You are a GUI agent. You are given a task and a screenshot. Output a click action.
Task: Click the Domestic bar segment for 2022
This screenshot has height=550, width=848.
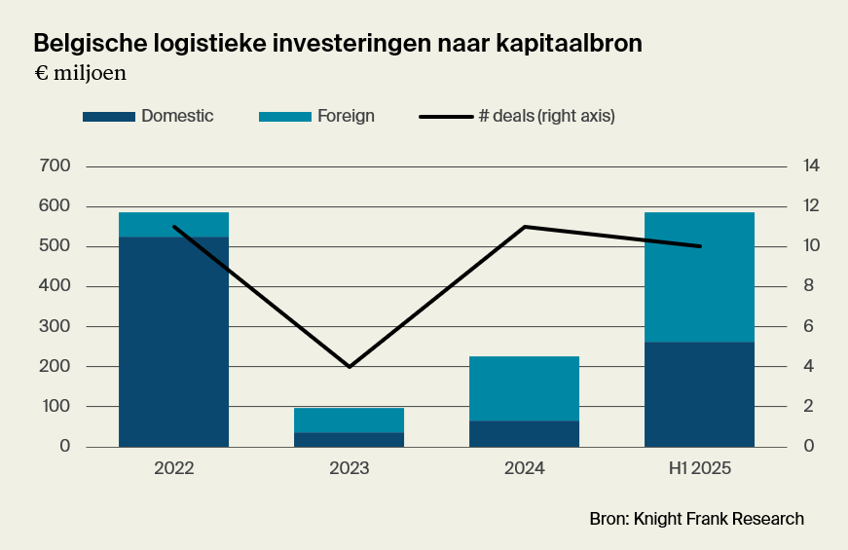tap(173, 341)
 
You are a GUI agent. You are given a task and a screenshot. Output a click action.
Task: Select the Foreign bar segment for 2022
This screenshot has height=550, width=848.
tap(173, 224)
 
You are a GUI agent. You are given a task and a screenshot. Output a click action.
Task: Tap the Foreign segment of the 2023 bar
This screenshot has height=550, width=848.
tap(349, 420)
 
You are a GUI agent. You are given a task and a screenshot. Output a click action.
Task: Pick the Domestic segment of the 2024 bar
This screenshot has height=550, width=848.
tap(524, 433)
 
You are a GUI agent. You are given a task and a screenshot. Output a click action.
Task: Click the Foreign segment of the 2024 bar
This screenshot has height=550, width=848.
tap(524, 388)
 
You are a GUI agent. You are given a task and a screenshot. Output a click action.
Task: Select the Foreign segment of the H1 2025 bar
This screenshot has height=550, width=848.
tap(699, 276)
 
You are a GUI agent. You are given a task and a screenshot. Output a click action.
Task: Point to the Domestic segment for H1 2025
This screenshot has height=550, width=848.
tap(699, 393)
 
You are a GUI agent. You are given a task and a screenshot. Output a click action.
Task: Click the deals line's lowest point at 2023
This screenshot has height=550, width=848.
tap(349, 366)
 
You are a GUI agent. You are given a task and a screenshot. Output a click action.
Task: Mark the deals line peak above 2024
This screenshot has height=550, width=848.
tap(524, 227)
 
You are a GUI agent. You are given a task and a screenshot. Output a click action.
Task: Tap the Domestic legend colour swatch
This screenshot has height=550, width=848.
tap(108, 117)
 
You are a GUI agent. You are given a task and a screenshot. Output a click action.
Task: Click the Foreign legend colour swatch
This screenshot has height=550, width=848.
tap(284, 117)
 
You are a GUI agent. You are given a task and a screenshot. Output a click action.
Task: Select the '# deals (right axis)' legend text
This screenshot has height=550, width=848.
tap(546, 116)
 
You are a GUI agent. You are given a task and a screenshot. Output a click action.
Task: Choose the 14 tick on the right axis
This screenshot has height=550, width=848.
tap(811, 166)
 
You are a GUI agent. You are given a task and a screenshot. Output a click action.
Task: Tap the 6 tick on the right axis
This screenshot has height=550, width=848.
tap(807, 326)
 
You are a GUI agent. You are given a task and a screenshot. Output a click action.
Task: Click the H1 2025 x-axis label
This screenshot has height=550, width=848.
tap(699, 468)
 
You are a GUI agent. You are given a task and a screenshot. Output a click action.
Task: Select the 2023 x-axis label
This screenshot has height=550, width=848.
tap(349, 468)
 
